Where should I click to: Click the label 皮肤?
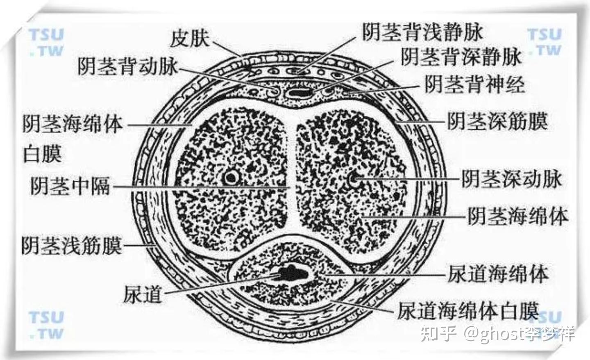tap(189, 39)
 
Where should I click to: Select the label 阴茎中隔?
tap(70, 186)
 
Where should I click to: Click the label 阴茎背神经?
tap(474, 85)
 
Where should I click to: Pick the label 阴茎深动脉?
tap(512, 179)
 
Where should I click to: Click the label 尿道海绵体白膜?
tap(467, 311)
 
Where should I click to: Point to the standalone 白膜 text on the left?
tap(43, 154)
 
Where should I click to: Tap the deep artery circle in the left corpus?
tap(232, 178)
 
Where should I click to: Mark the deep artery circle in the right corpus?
tap(354, 179)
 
